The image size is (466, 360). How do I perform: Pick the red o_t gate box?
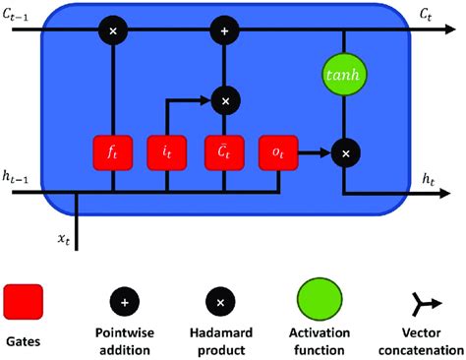(276, 154)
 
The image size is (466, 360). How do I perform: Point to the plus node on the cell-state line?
(225, 32)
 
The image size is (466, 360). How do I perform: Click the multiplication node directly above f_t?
(113, 32)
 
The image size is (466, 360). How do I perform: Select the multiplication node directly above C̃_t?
(225, 99)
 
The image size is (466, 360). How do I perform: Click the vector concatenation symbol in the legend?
(430, 300)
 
